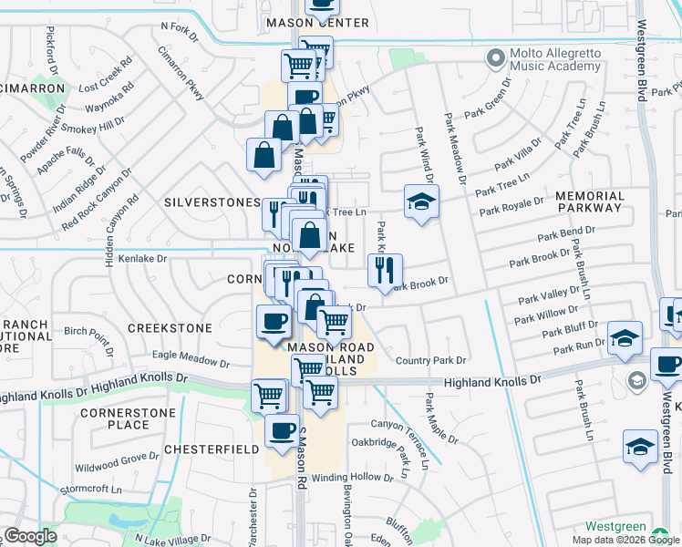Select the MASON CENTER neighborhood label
(316, 23)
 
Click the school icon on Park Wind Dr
(422, 201)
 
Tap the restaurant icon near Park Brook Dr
(385, 269)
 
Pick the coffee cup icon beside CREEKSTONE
(273, 321)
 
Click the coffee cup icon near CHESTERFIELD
(282, 429)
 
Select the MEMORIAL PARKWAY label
(589, 202)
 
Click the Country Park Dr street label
(430, 361)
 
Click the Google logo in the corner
(29, 536)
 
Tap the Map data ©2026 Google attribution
(625, 540)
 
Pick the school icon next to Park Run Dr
(625, 337)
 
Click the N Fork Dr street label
(179, 32)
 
